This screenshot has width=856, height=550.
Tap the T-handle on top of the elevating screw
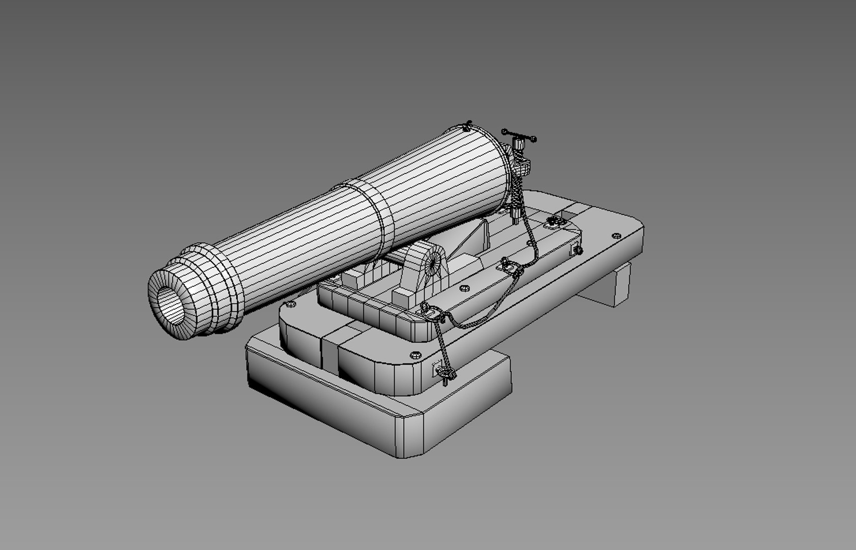[519, 136]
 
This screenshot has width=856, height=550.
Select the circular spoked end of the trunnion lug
[434, 261]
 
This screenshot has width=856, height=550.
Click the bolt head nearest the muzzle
[291, 304]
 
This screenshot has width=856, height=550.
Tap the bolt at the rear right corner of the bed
[616, 235]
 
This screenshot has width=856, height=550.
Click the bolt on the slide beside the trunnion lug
[463, 288]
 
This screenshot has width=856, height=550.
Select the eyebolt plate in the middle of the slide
[509, 265]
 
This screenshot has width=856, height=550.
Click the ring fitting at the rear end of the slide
[555, 222]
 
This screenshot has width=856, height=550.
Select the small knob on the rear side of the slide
[578, 250]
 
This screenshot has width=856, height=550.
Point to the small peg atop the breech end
[468, 125]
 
